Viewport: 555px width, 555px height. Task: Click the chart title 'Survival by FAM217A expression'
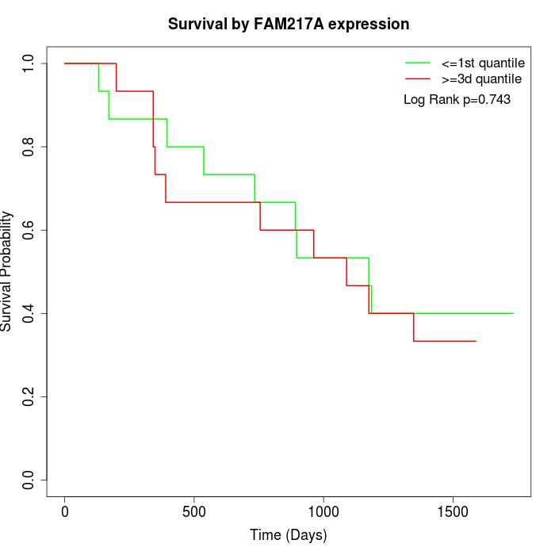(x=289, y=25)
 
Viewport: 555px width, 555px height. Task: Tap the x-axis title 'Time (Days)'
(x=288, y=535)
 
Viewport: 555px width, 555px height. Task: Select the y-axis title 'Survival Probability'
(x=7, y=271)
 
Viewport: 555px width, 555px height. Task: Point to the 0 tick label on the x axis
(x=65, y=511)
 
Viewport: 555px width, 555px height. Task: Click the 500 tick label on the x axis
(x=194, y=511)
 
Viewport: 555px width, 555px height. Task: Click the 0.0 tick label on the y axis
(x=29, y=480)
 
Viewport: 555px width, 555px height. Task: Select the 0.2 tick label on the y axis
(x=29, y=396)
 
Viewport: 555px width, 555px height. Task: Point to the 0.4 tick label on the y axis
(x=29, y=313)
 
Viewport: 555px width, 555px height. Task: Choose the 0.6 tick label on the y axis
(x=29, y=230)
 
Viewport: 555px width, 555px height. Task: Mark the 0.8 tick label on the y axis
(x=29, y=147)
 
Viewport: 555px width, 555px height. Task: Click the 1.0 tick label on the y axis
(x=29, y=63)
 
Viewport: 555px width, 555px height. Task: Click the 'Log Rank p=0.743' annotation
(x=457, y=99)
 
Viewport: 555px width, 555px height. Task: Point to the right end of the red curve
(x=476, y=341)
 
